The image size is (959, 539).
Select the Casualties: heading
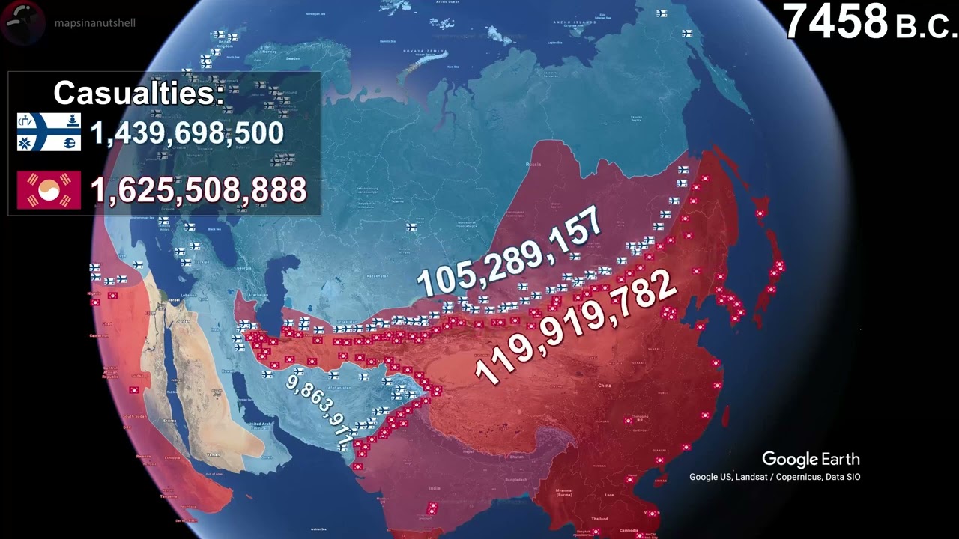click(139, 93)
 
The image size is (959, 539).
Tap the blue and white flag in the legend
click(49, 132)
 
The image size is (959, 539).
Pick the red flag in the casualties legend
click(49, 190)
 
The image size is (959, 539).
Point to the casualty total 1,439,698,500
click(187, 133)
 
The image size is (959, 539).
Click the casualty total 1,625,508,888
click(199, 190)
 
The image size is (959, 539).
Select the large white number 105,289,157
click(509, 252)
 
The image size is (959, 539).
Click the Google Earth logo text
click(811, 459)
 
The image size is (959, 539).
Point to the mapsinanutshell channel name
click(95, 23)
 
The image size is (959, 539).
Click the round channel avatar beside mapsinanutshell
click(22, 22)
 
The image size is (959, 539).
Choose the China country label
click(605, 386)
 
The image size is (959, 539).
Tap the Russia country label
click(534, 164)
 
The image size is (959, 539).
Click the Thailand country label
click(599, 518)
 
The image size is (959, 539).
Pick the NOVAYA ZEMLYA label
click(420, 51)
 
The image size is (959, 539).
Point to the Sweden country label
click(292, 58)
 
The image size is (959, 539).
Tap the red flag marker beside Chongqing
click(629, 421)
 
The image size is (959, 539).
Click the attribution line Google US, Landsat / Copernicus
click(775, 477)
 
